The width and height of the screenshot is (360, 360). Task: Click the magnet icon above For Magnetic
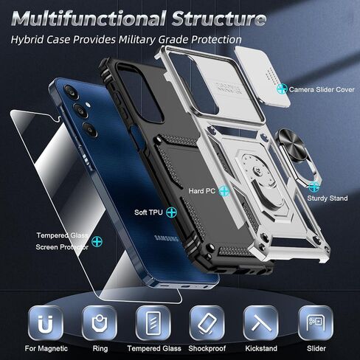point(45,323)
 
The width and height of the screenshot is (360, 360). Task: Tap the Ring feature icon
point(100,323)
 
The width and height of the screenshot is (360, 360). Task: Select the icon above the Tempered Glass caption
point(153,323)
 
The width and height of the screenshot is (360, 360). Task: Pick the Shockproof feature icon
point(207,323)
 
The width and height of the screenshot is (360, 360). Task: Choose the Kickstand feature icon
point(260,323)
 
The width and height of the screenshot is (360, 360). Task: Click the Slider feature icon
point(316,323)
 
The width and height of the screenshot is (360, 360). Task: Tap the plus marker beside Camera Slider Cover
point(282,89)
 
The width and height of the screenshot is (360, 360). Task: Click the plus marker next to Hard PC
point(224,191)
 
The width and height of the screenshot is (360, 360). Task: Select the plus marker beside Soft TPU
point(171,212)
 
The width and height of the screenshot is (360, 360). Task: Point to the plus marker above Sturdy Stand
point(314,187)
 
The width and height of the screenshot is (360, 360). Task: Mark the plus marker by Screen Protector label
point(97,241)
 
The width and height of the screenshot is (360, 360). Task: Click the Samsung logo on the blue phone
point(166,238)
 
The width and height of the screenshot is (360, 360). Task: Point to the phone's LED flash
point(88,105)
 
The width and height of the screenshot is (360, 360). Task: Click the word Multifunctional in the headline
point(89,18)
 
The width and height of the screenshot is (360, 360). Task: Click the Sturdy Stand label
point(328,198)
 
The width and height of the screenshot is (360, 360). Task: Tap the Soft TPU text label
point(148,212)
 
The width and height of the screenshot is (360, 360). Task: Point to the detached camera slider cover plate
point(263,75)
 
